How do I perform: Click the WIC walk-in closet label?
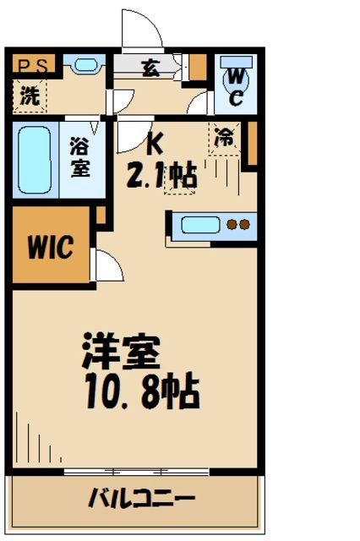point(50,248)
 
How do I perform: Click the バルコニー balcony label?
point(142,499)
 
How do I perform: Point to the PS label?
point(33,64)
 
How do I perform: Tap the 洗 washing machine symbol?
point(30,95)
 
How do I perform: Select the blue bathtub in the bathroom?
point(35,161)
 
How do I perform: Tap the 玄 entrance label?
point(150,68)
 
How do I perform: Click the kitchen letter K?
point(155,145)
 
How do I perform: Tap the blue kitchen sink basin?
point(200,225)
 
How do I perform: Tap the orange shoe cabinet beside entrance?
point(198,66)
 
